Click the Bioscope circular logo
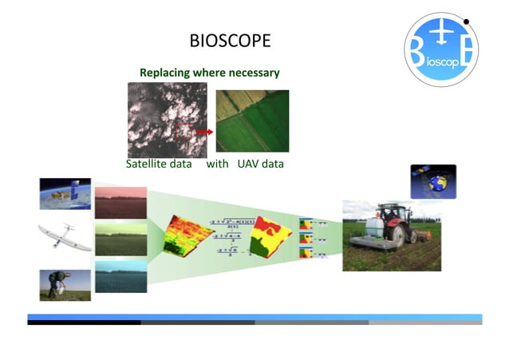pyautogui.click(x=441, y=49)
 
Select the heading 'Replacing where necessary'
pyautogui.click(x=209, y=73)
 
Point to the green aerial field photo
pyautogui.click(x=252, y=121)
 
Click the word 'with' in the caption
pyautogui.click(x=218, y=164)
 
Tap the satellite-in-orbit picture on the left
pyautogui.click(x=65, y=194)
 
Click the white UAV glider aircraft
pyautogui.click(x=64, y=236)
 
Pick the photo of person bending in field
pyautogui.click(x=65, y=284)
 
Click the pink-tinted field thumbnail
pyautogui.click(x=120, y=202)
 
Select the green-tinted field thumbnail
pyautogui.click(x=120, y=239)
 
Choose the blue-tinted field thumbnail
pyautogui.click(x=120, y=277)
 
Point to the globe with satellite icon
pyautogui.click(x=432, y=181)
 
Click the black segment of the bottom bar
pyautogui.click(x=84, y=322)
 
